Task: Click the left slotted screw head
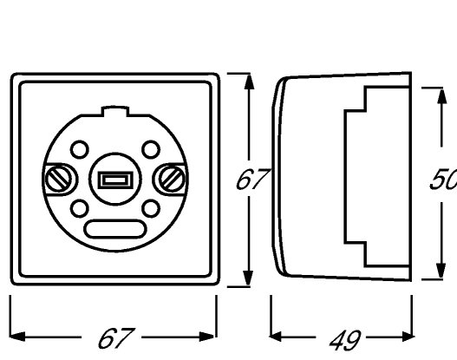[x=59, y=179]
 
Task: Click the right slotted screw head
[x=172, y=179]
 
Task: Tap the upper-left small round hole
[x=80, y=149]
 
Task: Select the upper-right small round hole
[x=151, y=149]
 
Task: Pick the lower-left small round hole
[x=80, y=208]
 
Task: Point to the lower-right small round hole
[x=151, y=208]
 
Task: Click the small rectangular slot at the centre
[x=115, y=180]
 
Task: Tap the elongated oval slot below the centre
[x=114, y=229]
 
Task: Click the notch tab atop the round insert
[x=114, y=111]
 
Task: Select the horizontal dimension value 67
[x=116, y=338]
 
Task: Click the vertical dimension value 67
[x=252, y=180]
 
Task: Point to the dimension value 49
[x=345, y=340]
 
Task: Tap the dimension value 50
[x=444, y=179]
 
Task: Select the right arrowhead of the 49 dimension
[x=407, y=337]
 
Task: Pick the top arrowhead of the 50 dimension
[x=442, y=96]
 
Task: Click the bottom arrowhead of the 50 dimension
[x=441, y=271]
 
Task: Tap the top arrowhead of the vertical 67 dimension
[x=249, y=82]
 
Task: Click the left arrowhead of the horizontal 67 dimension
[x=17, y=337]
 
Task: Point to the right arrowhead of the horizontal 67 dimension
[x=207, y=337]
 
